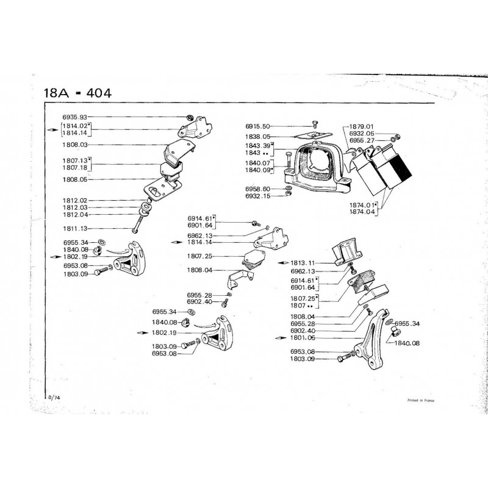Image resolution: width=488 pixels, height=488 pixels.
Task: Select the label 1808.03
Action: (x=75, y=145)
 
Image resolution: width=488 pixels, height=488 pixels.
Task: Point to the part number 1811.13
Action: (x=75, y=228)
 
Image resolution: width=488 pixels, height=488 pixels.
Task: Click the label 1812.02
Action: (x=75, y=200)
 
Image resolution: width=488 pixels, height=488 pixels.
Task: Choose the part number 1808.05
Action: (x=75, y=179)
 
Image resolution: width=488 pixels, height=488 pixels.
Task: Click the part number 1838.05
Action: (x=257, y=137)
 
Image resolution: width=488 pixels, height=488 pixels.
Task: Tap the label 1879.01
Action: (x=362, y=127)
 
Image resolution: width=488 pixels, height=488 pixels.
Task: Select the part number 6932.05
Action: (x=362, y=134)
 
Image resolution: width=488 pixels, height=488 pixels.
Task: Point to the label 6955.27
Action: (x=362, y=140)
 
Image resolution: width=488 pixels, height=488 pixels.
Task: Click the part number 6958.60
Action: (x=257, y=188)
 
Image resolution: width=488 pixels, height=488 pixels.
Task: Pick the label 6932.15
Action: (x=257, y=196)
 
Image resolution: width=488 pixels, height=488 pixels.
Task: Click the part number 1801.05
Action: (x=304, y=336)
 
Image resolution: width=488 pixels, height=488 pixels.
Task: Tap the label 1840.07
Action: (x=257, y=163)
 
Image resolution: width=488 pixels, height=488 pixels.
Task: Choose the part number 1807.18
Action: (x=75, y=167)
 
